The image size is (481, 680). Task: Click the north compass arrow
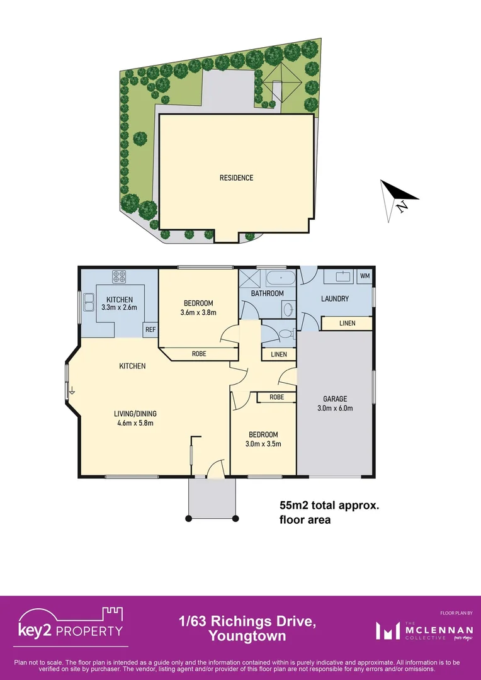click(x=398, y=200)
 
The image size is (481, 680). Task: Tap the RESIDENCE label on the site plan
click(x=236, y=178)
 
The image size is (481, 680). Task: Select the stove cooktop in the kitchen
click(x=120, y=276)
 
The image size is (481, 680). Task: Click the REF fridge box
click(x=150, y=329)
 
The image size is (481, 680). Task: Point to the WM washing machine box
click(x=365, y=276)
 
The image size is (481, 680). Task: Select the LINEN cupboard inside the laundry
click(x=346, y=323)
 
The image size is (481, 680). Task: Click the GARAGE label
click(x=335, y=399)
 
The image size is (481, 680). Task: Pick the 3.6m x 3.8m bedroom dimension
click(x=198, y=312)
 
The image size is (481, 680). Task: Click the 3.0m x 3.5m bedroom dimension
click(x=263, y=444)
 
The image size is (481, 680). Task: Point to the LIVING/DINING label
click(x=135, y=414)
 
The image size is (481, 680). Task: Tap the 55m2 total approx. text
click(x=330, y=506)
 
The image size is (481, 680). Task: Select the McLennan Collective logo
click(x=418, y=630)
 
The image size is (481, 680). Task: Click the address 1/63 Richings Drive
click(x=247, y=622)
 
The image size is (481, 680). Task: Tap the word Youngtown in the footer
click(x=247, y=637)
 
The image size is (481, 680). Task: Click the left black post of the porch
click(x=188, y=519)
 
